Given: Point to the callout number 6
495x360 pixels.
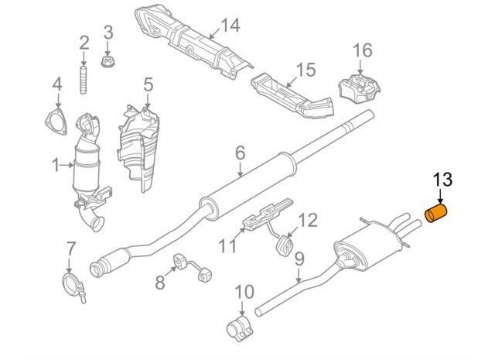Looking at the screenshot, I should [x=240, y=153].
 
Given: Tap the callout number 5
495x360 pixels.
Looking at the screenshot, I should [x=148, y=84].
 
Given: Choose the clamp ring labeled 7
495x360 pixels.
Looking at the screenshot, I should [x=74, y=278].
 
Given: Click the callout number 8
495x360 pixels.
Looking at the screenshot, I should [x=160, y=283].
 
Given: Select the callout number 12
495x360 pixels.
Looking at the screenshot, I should [x=307, y=221].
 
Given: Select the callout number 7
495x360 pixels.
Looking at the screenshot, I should [x=70, y=249].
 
